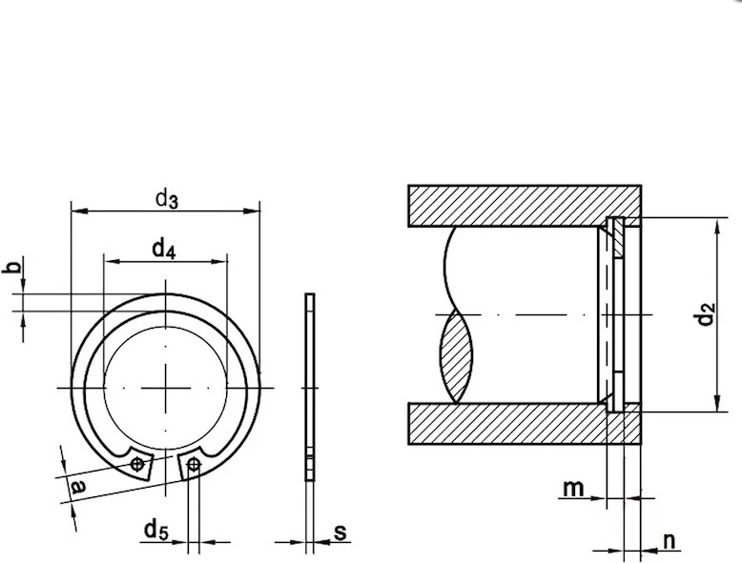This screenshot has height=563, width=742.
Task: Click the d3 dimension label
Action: click(x=167, y=198)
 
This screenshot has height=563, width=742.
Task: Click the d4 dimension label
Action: click(x=164, y=249)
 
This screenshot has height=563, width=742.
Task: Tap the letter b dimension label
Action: click(x=12, y=267)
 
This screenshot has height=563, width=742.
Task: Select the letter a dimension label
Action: click(x=77, y=487)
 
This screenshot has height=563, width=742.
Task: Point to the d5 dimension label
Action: click(x=156, y=530)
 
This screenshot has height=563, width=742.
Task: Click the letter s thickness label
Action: click(x=340, y=533)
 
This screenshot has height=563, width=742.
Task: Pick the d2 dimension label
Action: click(x=705, y=313)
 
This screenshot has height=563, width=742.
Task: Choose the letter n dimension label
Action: click(x=670, y=541)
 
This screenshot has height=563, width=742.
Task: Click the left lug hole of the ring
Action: click(x=137, y=464)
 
